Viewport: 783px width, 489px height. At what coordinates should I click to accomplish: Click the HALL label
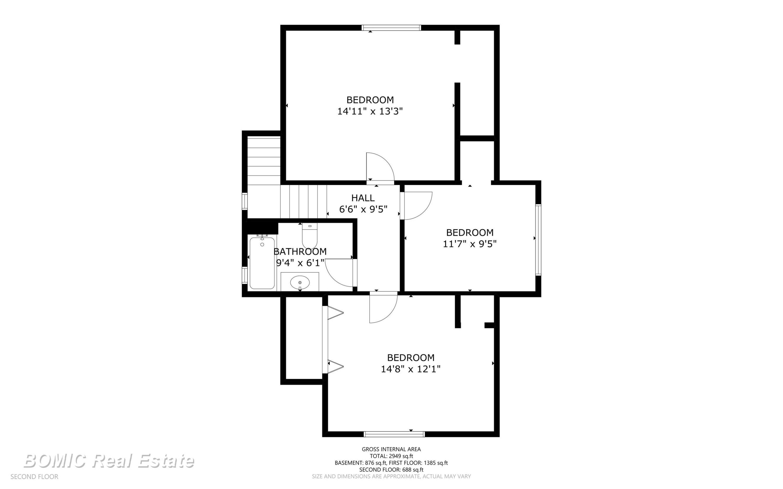pyautogui.click(x=363, y=198)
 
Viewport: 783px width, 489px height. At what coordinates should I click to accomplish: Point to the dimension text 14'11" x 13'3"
pyautogui.click(x=370, y=111)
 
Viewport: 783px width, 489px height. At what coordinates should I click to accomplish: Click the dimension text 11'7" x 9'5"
pyautogui.click(x=470, y=244)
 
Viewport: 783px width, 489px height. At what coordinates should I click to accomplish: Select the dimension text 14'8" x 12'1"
pyautogui.click(x=411, y=369)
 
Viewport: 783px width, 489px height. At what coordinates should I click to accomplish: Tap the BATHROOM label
pyautogui.click(x=300, y=252)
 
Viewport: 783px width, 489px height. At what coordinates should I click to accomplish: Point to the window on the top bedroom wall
pyautogui.click(x=391, y=28)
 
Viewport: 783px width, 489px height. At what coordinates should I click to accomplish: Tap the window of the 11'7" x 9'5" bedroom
pyautogui.click(x=538, y=240)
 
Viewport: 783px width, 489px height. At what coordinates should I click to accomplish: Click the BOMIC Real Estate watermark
pyautogui.click(x=109, y=461)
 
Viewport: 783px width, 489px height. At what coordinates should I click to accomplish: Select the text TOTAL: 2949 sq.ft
pyautogui.click(x=391, y=456)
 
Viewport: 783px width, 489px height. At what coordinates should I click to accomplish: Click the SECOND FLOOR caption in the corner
pyautogui.click(x=34, y=477)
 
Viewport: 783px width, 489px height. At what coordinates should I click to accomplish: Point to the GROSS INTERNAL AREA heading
pyautogui.click(x=391, y=449)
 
